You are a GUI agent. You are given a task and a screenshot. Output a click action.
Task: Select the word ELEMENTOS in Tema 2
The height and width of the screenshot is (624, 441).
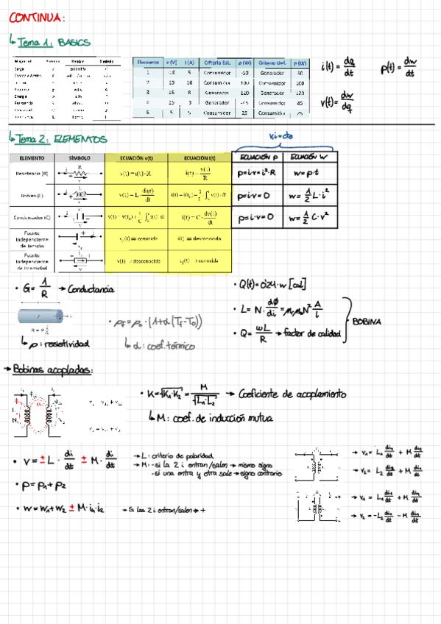coord(80,138)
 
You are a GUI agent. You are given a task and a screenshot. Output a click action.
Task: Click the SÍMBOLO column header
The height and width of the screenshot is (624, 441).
coord(80,158)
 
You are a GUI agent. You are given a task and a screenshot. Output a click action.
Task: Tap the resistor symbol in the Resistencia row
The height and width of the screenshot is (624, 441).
coord(80,174)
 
